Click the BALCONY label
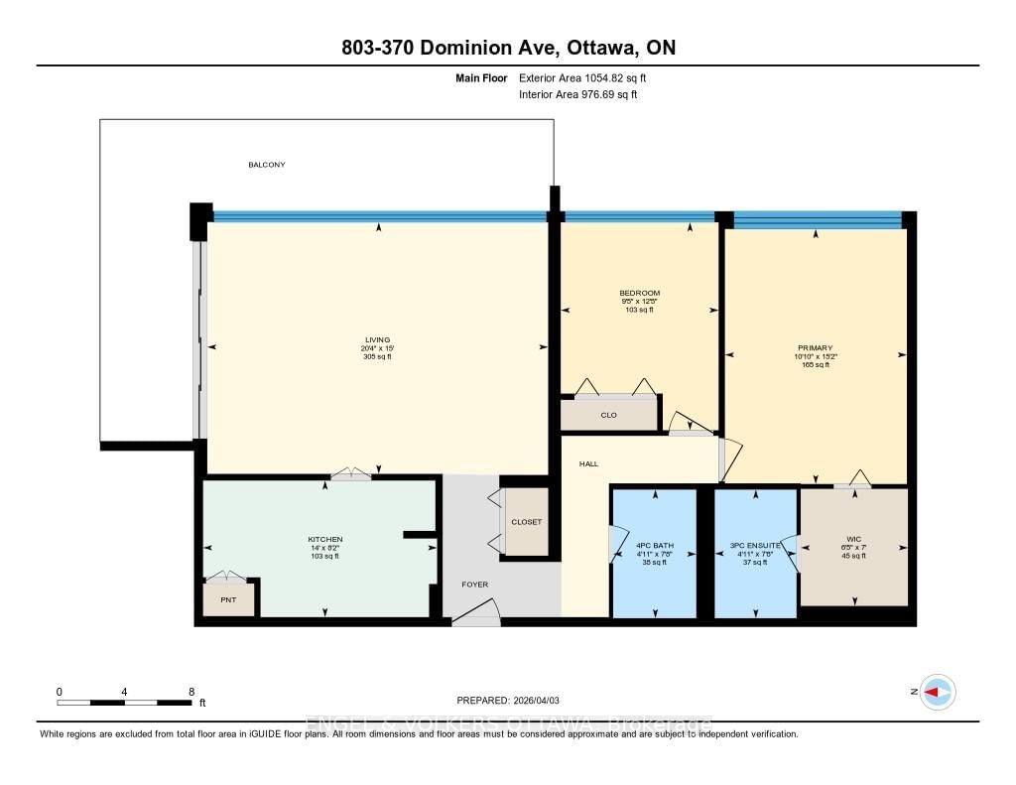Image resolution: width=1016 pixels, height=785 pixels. pyautogui.click(x=266, y=165)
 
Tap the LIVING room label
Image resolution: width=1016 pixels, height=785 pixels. pyautogui.click(x=377, y=340)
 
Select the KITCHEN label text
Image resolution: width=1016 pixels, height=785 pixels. pyautogui.click(x=324, y=539)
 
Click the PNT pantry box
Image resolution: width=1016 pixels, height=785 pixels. pyautogui.click(x=228, y=599)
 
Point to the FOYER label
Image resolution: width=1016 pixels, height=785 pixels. pyautogui.click(x=475, y=585)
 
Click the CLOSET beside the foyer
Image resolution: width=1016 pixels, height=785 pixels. pyautogui.click(x=526, y=521)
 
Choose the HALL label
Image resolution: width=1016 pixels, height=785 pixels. pyautogui.click(x=589, y=463)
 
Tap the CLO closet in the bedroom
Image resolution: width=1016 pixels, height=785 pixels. pyautogui.click(x=608, y=415)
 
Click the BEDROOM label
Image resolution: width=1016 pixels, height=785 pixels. pyautogui.click(x=639, y=293)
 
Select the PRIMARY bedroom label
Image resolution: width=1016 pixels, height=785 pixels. pyautogui.click(x=814, y=348)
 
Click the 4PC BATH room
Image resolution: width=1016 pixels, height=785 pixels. pyautogui.click(x=655, y=546)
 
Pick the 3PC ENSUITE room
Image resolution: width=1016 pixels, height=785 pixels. pyautogui.click(x=756, y=546)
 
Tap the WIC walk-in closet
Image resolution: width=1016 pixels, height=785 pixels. pyautogui.click(x=854, y=546)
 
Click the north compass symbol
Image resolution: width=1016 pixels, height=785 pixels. pyautogui.click(x=937, y=692)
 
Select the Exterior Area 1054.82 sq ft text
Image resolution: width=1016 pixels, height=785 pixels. pyautogui.click(x=583, y=77)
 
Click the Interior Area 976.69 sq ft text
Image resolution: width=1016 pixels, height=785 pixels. pyautogui.click(x=578, y=95)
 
